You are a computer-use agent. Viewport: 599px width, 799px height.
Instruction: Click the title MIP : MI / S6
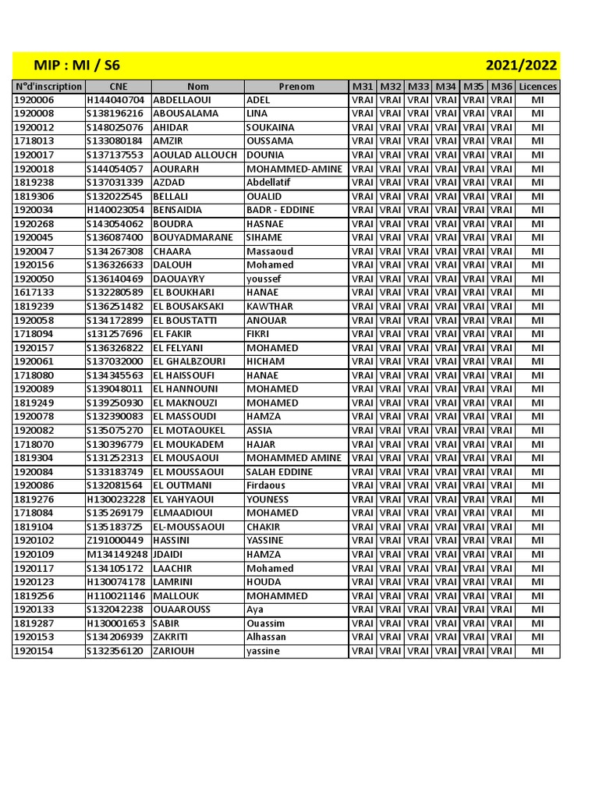pyautogui.click(x=76, y=65)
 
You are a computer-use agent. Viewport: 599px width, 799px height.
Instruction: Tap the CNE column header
pyautogui.click(x=118, y=87)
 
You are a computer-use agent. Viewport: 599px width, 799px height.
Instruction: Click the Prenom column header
pyautogui.click(x=296, y=87)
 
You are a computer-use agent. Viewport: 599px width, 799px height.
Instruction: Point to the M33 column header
pyautogui.click(x=418, y=87)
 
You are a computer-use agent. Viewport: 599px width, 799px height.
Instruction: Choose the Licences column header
pyautogui.click(x=537, y=87)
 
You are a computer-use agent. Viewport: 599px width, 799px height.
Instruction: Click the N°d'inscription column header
pyautogui.click(x=48, y=87)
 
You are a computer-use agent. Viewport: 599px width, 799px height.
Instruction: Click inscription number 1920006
pyautogui.click(x=34, y=100)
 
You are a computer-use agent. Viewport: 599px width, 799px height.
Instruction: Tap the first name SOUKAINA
pyautogui.click(x=270, y=127)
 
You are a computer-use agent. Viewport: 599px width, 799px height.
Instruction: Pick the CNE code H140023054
pyautogui.click(x=115, y=210)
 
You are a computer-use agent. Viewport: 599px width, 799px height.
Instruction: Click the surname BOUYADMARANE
pyautogui.click(x=193, y=237)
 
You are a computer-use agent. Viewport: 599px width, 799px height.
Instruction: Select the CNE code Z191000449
pyautogui.click(x=115, y=541)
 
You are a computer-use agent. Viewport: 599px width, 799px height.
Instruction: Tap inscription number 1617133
pyautogui.click(x=34, y=293)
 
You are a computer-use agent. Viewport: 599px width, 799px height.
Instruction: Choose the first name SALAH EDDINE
pyautogui.click(x=279, y=472)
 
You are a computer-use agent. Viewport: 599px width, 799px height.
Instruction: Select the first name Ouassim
pyautogui.click(x=266, y=623)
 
